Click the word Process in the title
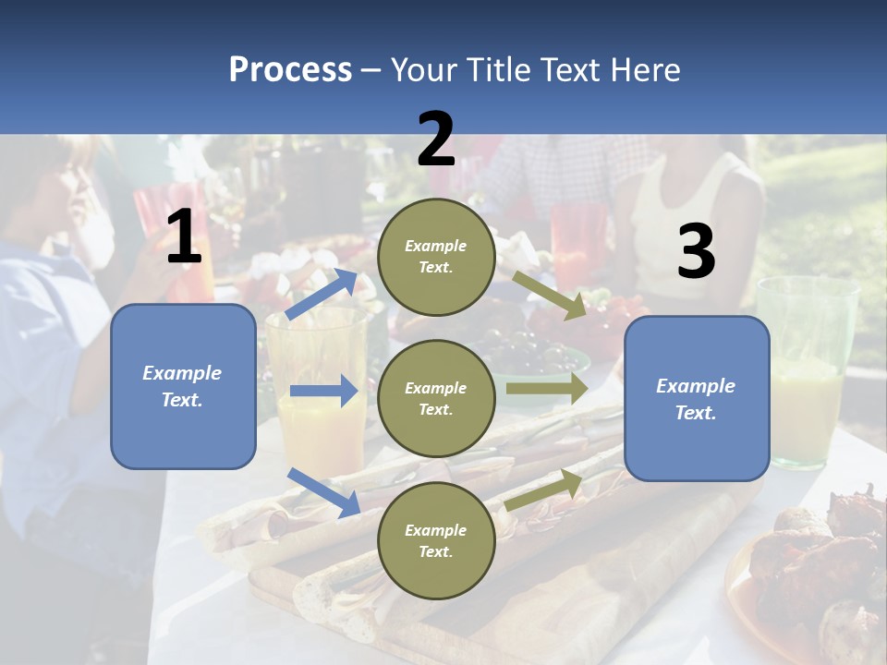click(x=290, y=70)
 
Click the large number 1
click(x=185, y=236)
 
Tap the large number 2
click(x=435, y=139)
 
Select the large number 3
click(x=697, y=250)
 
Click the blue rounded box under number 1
click(x=183, y=386)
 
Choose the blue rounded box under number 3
click(x=697, y=399)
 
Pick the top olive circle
click(x=436, y=257)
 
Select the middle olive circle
click(x=436, y=399)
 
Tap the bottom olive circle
click(x=436, y=540)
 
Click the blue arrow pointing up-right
click(x=322, y=294)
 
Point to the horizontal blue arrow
click(x=324, y=391)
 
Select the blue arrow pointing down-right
click(x=324, y=492)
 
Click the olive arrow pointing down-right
click(x=549, y=296)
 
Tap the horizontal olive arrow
click(x=547, y=388)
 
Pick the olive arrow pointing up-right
click(x=543, y=490)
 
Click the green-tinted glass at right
click(x=808, y=372)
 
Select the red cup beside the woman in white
click(x=578, y=248)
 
